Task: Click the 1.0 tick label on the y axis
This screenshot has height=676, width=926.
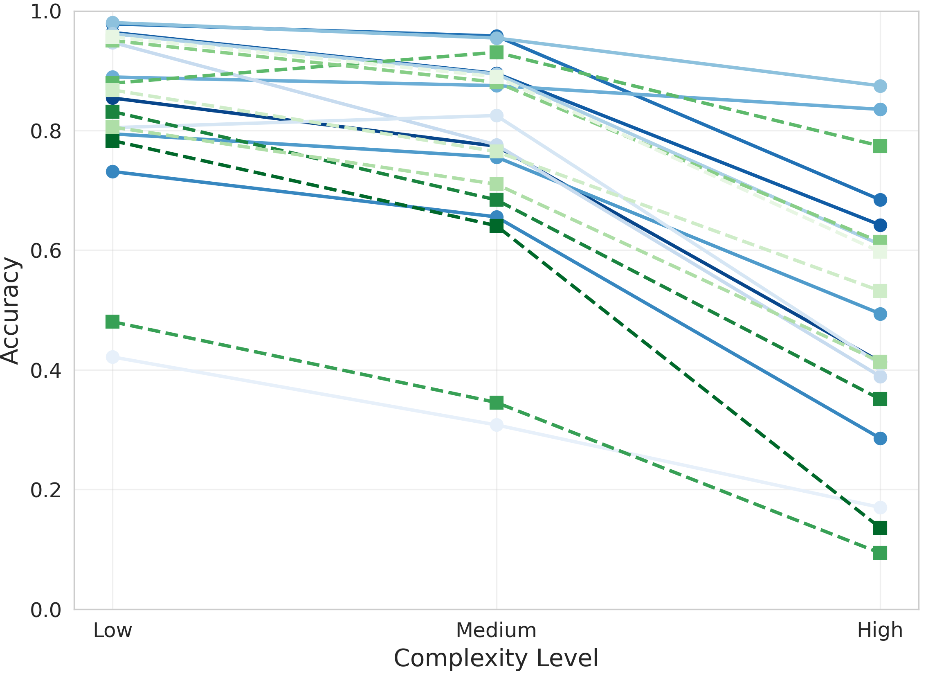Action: (45, 12)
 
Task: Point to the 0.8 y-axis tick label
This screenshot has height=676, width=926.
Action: (45, 131)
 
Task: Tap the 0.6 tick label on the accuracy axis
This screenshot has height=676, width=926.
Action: (45, 250)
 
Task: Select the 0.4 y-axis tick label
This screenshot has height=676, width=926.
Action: (45, 370)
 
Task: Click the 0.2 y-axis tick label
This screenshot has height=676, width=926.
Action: (45, 490)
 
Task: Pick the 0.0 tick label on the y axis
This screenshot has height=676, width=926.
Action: (45, 610)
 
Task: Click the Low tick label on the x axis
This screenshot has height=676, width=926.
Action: (112, 631)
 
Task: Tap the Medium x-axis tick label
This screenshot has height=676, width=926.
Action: (496, 631)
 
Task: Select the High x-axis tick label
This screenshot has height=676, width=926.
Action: (880, 631)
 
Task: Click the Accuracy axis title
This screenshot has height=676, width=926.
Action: (10, 311)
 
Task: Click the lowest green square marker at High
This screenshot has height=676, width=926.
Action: (880, 553)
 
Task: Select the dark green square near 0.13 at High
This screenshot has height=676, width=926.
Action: (880, 528)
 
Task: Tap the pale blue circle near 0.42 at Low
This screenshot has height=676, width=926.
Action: (112, 357)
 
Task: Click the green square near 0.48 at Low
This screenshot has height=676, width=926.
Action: (112, 322)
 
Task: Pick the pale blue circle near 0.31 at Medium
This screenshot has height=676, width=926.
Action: (497, 425)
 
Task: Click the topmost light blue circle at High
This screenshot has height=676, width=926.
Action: (880, 86)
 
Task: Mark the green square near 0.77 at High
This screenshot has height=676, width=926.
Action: (880, 146)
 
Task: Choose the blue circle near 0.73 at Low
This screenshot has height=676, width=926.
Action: (112, 172)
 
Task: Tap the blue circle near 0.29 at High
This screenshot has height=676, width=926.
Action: (880, 439)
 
